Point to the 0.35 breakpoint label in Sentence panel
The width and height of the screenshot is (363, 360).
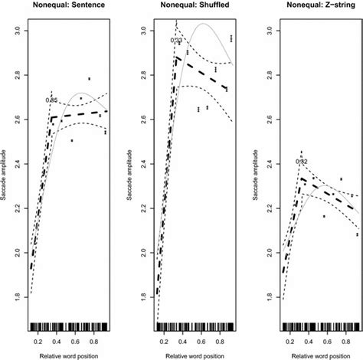point(52,100)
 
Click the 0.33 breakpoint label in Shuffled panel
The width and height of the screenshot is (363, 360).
point(175,41)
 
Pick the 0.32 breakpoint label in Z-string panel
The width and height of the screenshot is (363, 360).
point(301,162)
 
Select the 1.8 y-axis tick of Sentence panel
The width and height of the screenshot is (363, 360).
point(17,312)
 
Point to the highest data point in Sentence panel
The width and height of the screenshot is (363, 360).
point(90,78)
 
